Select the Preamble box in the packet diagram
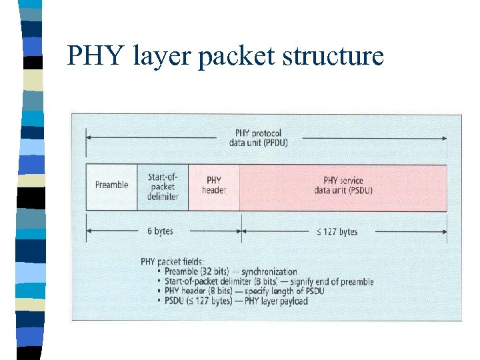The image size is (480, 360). (111, 185)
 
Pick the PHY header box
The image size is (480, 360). (214, 185)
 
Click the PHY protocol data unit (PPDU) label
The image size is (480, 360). (261, 138)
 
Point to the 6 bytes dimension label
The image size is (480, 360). (160, 231)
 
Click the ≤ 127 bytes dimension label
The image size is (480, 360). (336, 231)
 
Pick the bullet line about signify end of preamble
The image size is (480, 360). (264, 281)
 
